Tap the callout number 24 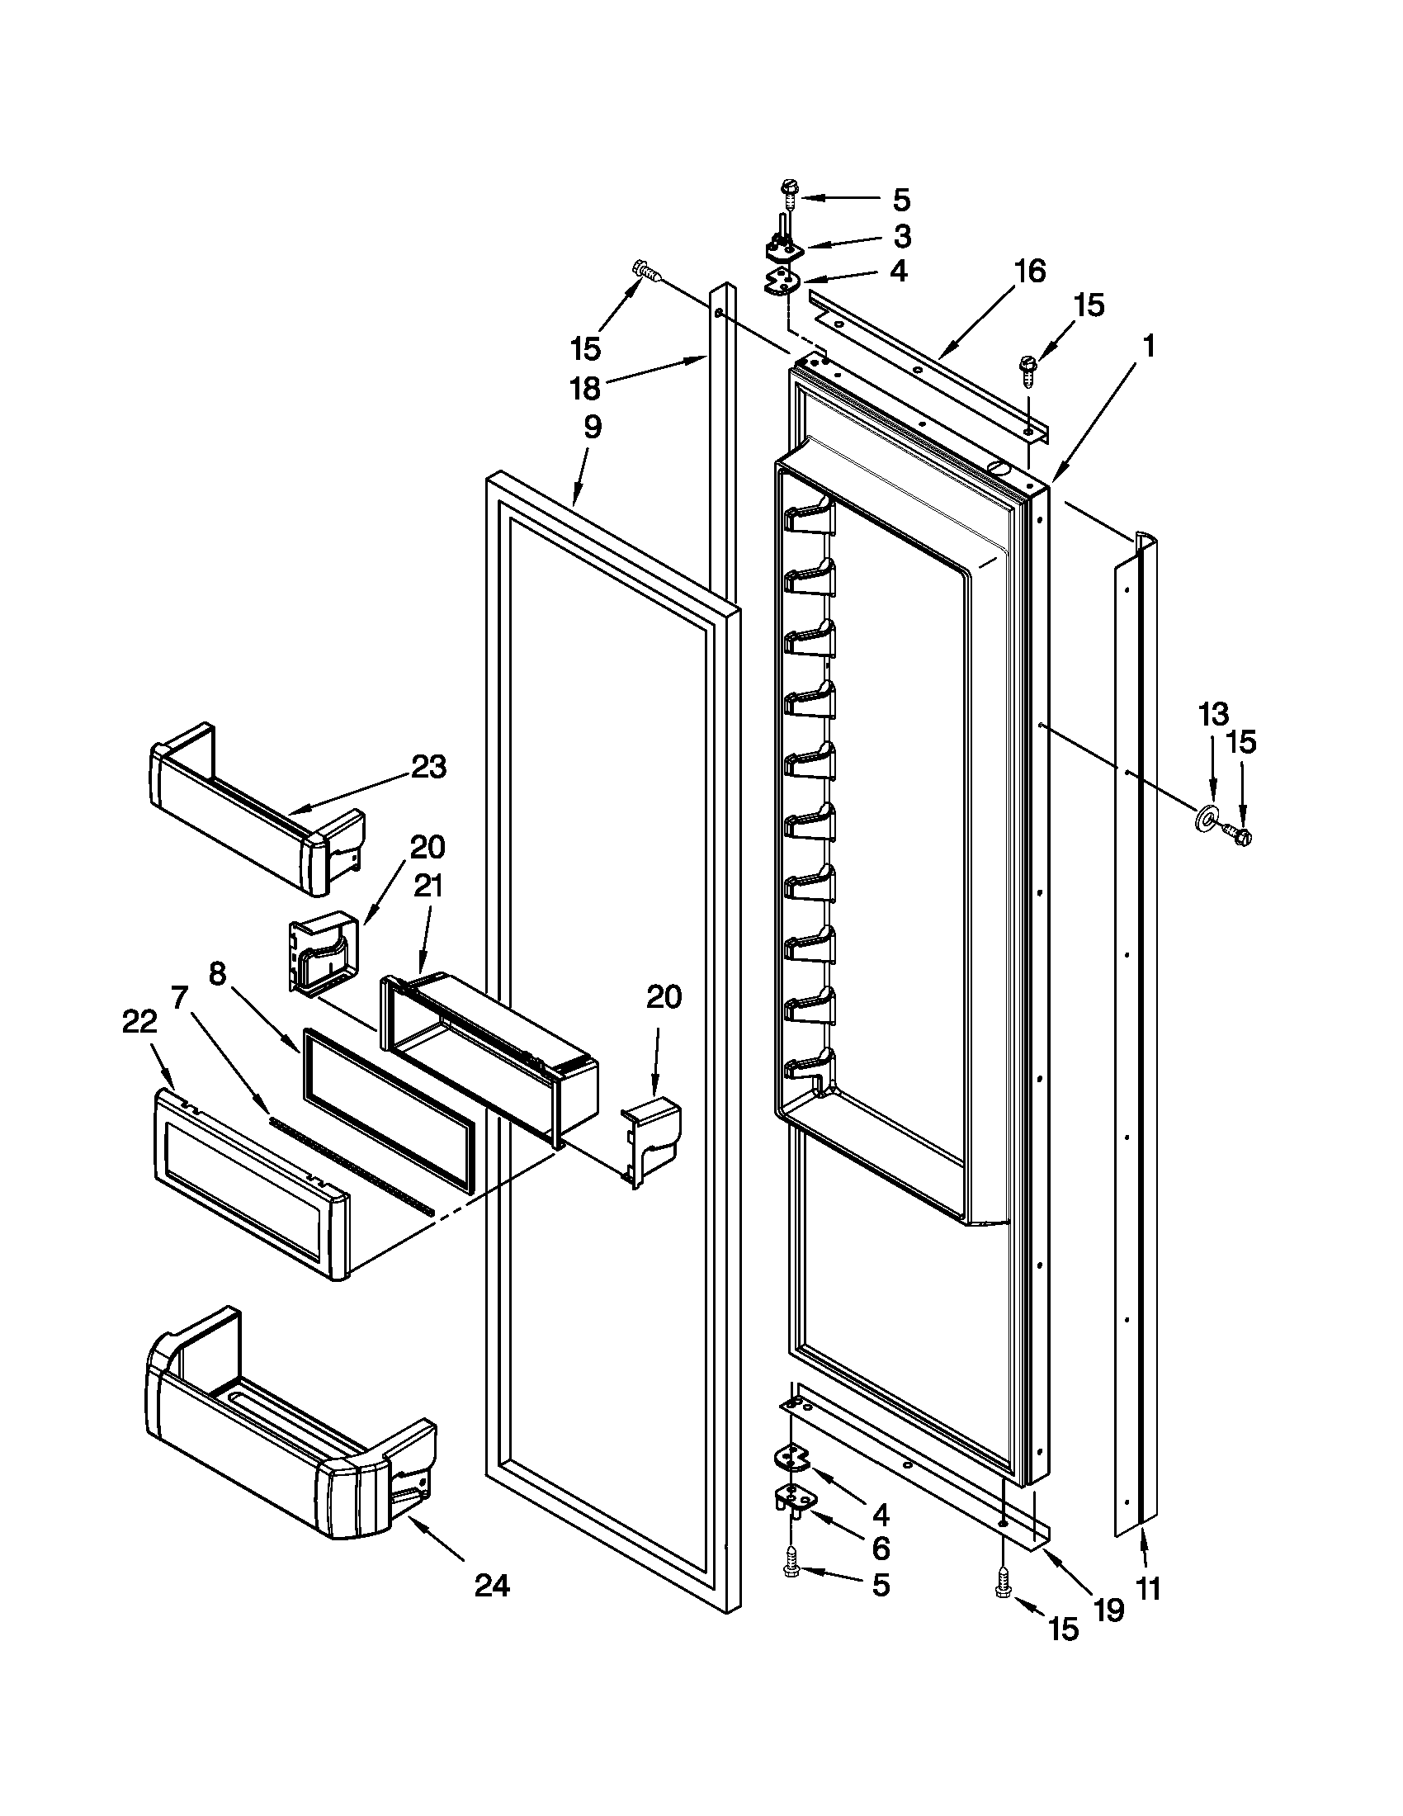(x=492, y=1586)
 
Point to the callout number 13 (x=1212, y=713)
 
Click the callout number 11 (x=1147, y=1589)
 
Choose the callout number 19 (x=1108, y=1610)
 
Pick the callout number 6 (x=881, y=1548)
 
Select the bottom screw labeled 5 (x=789, y=1570)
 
